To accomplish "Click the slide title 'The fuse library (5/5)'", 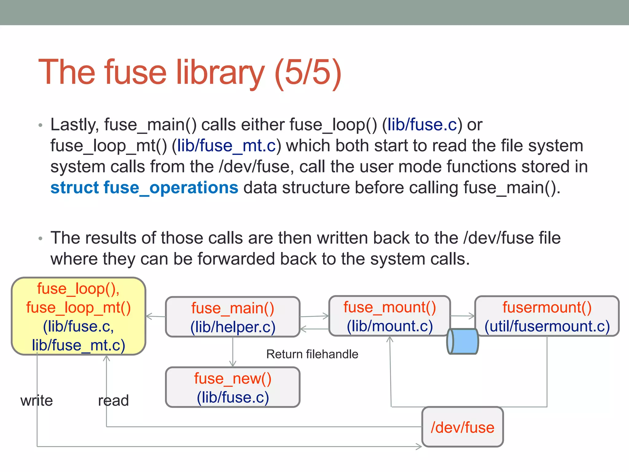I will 190,73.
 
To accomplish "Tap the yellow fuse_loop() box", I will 78,317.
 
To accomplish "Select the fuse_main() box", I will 232,317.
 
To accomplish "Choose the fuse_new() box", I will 232,387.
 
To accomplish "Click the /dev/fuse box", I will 463,427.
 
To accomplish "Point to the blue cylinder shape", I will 463,341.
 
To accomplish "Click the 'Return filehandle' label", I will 312,354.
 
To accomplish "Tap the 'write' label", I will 37,401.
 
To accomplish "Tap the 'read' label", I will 113,401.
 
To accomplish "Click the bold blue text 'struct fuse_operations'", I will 144,187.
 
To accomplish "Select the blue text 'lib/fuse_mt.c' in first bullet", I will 227,146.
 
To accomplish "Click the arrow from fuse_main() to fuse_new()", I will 233,352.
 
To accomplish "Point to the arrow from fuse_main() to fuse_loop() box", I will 155,316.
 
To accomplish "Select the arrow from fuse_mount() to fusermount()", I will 463,316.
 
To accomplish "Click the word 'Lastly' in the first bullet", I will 74,125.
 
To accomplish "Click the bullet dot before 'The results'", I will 41,239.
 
